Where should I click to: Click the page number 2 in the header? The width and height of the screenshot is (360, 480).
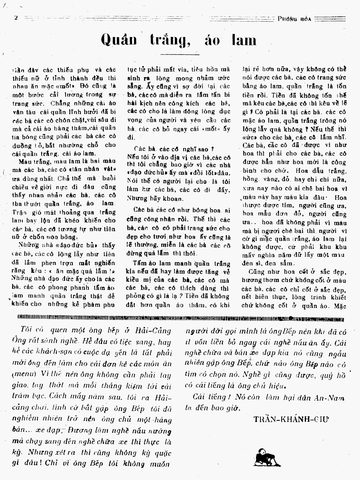click(16, 18)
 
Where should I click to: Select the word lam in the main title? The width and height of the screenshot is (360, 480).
click(244, 40)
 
